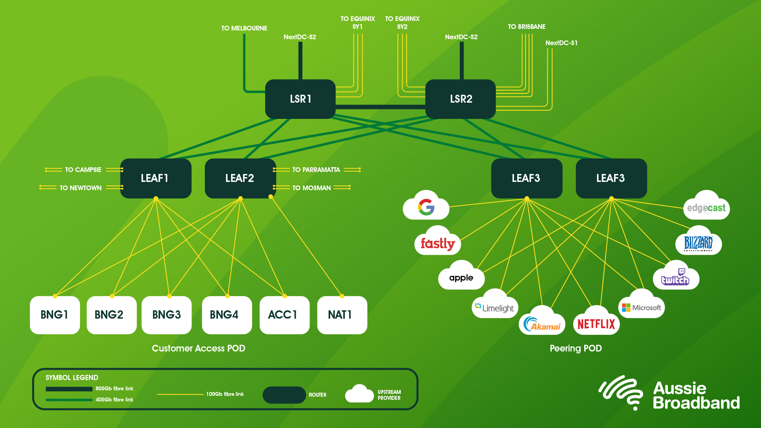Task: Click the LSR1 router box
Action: (x=300, y=99)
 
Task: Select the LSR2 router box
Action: (x=461, y=99)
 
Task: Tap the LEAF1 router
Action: (x=155, y=178)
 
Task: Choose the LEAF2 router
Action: (x=240, y=178)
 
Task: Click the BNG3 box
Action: (x=166, y=315)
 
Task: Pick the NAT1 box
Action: (x=342, y=315)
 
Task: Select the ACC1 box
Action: (x=284, y=315)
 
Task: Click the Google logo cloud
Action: (x=426, y=207)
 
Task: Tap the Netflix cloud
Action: (x=596, y=323)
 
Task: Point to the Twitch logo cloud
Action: (x=676, y=277)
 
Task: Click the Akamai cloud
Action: (x=542, y=323)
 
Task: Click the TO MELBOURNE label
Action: (x=244, y=28)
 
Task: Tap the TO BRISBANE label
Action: (x=526, y=27)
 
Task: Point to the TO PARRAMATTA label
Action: (x=316, y=170)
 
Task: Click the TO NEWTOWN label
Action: (x=80, y=188)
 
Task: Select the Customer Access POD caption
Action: (x=198, y=348)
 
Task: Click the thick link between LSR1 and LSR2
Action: (x=380, y=107)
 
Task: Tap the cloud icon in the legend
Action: (x=359, y=394)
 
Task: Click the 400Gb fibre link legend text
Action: (x=114, y=399)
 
